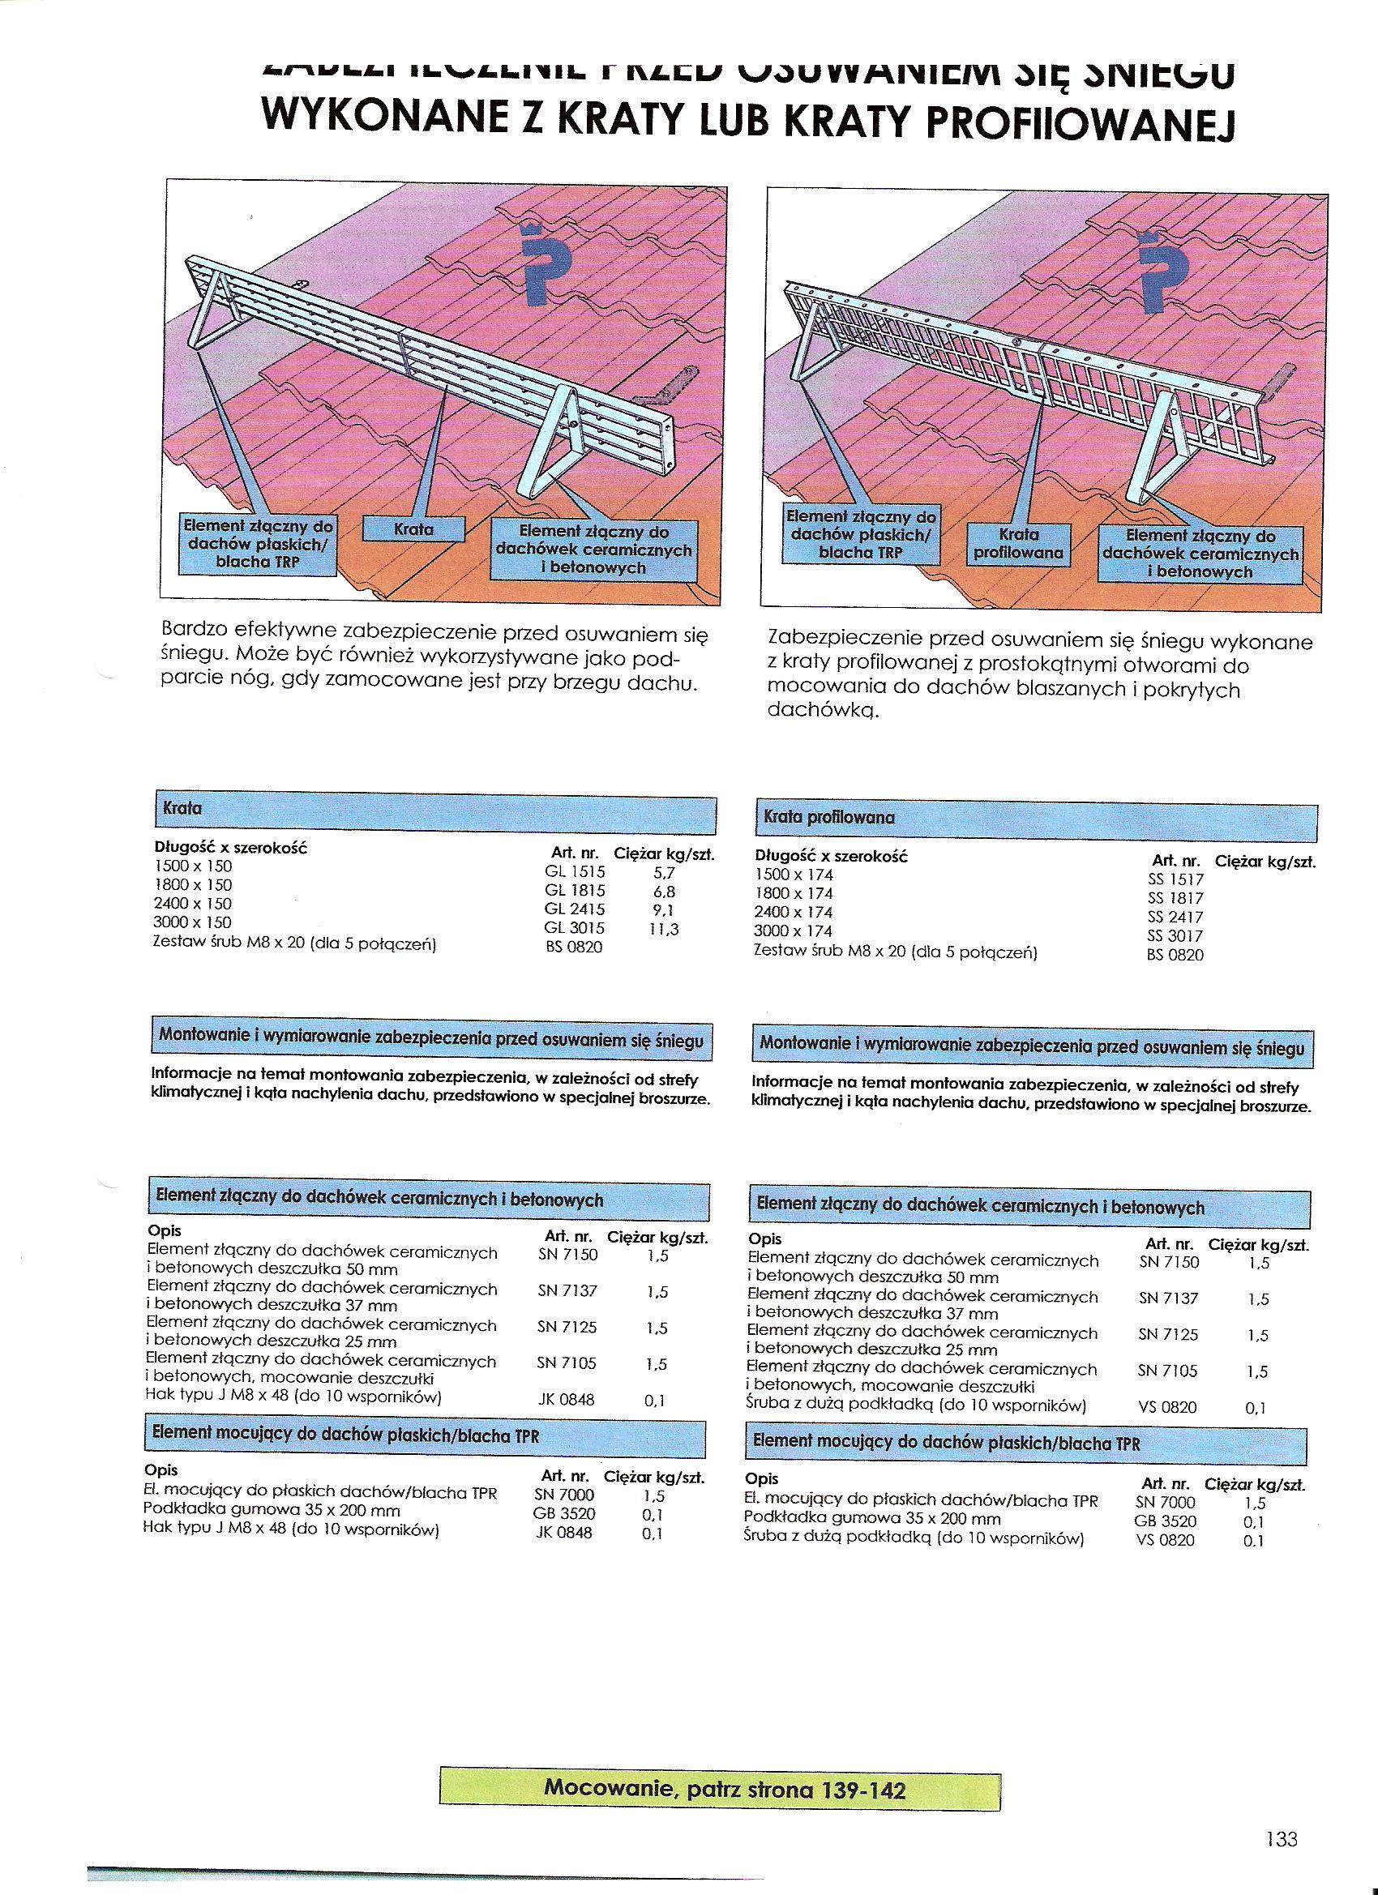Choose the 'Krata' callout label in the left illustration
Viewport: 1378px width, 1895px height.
413,530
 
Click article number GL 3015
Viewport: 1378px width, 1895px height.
574,928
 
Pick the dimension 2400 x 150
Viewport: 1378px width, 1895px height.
192,904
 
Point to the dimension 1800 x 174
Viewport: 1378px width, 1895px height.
793,893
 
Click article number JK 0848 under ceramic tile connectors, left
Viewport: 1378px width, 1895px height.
566,1400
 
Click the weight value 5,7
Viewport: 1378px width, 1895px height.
664,871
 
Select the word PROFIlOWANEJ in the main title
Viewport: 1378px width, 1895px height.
1084,123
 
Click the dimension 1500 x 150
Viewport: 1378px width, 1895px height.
192,866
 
